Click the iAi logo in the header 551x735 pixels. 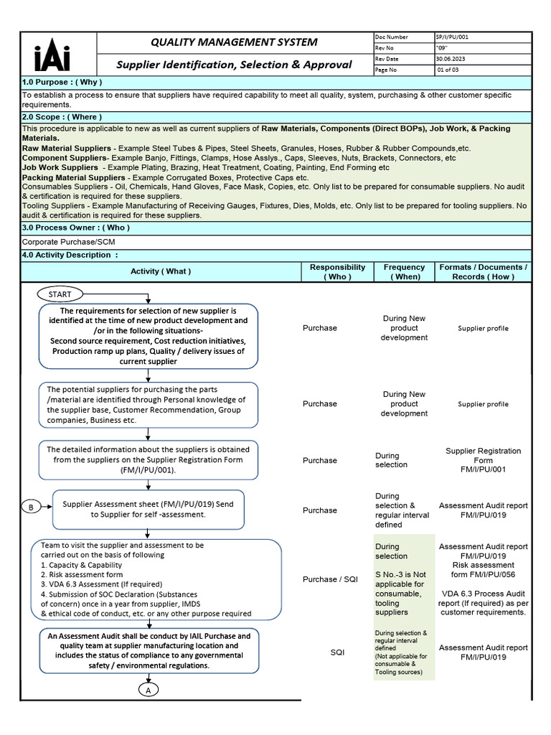coord(52,54)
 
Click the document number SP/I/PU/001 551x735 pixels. coord(452,37)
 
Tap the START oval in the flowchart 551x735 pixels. coord(60,294)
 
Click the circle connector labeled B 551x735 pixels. coord(31,507)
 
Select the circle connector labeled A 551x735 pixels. coord(148,689)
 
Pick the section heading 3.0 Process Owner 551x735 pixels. coord(65,228)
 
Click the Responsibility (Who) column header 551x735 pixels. coord(337,271)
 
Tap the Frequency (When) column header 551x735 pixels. coord(404,271)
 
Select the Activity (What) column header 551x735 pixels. coord(161,271)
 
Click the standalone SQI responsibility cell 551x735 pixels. coord(337,652)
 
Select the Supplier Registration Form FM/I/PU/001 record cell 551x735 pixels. coord(483,460)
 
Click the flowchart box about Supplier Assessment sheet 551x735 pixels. coord(148,510)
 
